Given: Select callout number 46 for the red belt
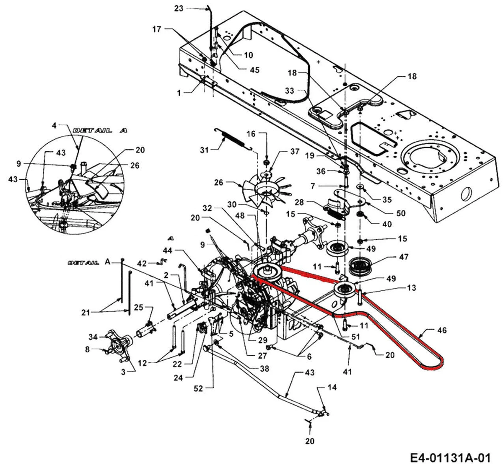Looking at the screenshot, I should pos(441,331).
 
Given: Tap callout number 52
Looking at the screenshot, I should pos(198,388).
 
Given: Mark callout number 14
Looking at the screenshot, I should pos(332,388).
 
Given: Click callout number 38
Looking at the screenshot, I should pos(264,369).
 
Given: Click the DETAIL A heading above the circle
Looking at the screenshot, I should pos(100,131).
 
